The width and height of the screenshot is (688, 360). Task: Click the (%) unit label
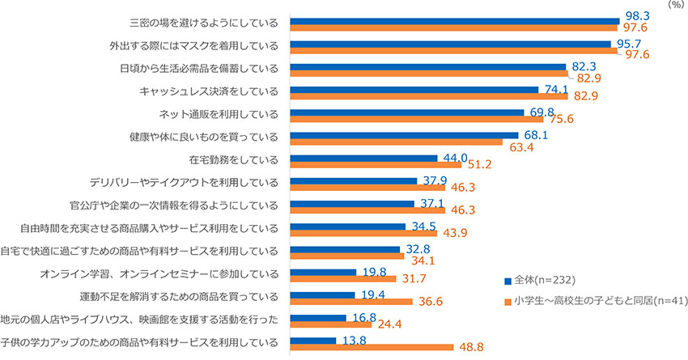point(675,5)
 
